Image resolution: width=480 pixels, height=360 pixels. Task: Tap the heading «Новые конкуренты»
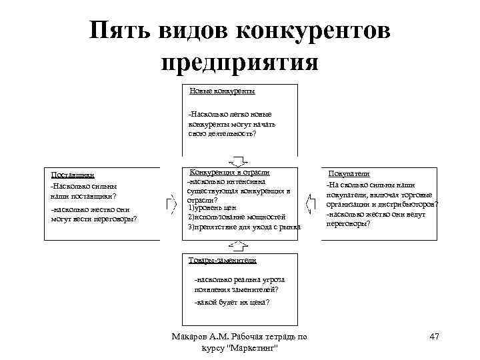[222, 91]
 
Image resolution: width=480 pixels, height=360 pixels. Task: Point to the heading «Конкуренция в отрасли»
[230, 171]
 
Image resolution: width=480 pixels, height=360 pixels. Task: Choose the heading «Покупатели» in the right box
[349, 173]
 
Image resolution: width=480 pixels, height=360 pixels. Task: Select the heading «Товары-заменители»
[222, 260]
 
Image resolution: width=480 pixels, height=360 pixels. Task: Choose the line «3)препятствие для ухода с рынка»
[243, 227]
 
